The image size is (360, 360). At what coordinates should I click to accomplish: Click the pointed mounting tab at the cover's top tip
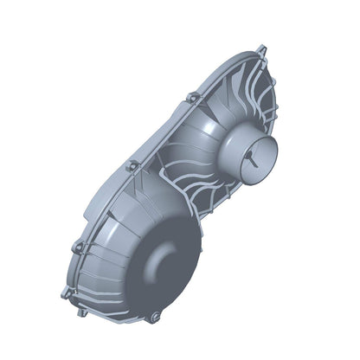[x=262, y=49]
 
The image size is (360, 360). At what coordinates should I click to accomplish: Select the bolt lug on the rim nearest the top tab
[x=192, y=97]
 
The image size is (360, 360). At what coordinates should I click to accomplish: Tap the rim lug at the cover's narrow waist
[x=132, y=164]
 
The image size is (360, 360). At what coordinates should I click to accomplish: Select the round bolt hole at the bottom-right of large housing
[x=155, y=318]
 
